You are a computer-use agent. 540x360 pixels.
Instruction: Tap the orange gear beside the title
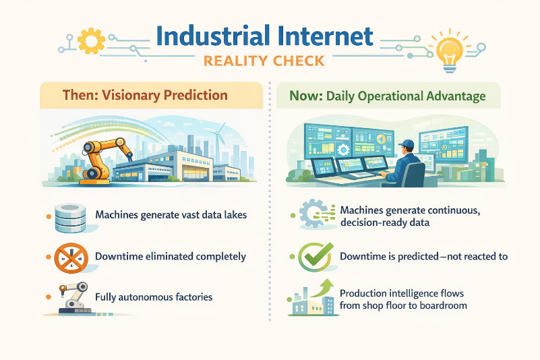click(91, 40)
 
